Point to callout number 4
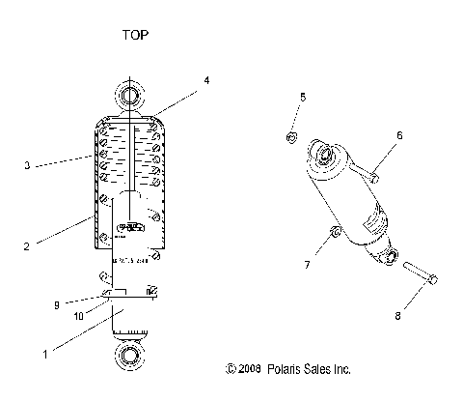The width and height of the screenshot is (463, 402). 206,80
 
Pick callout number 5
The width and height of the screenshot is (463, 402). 303,98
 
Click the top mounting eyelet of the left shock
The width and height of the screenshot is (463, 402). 130,95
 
